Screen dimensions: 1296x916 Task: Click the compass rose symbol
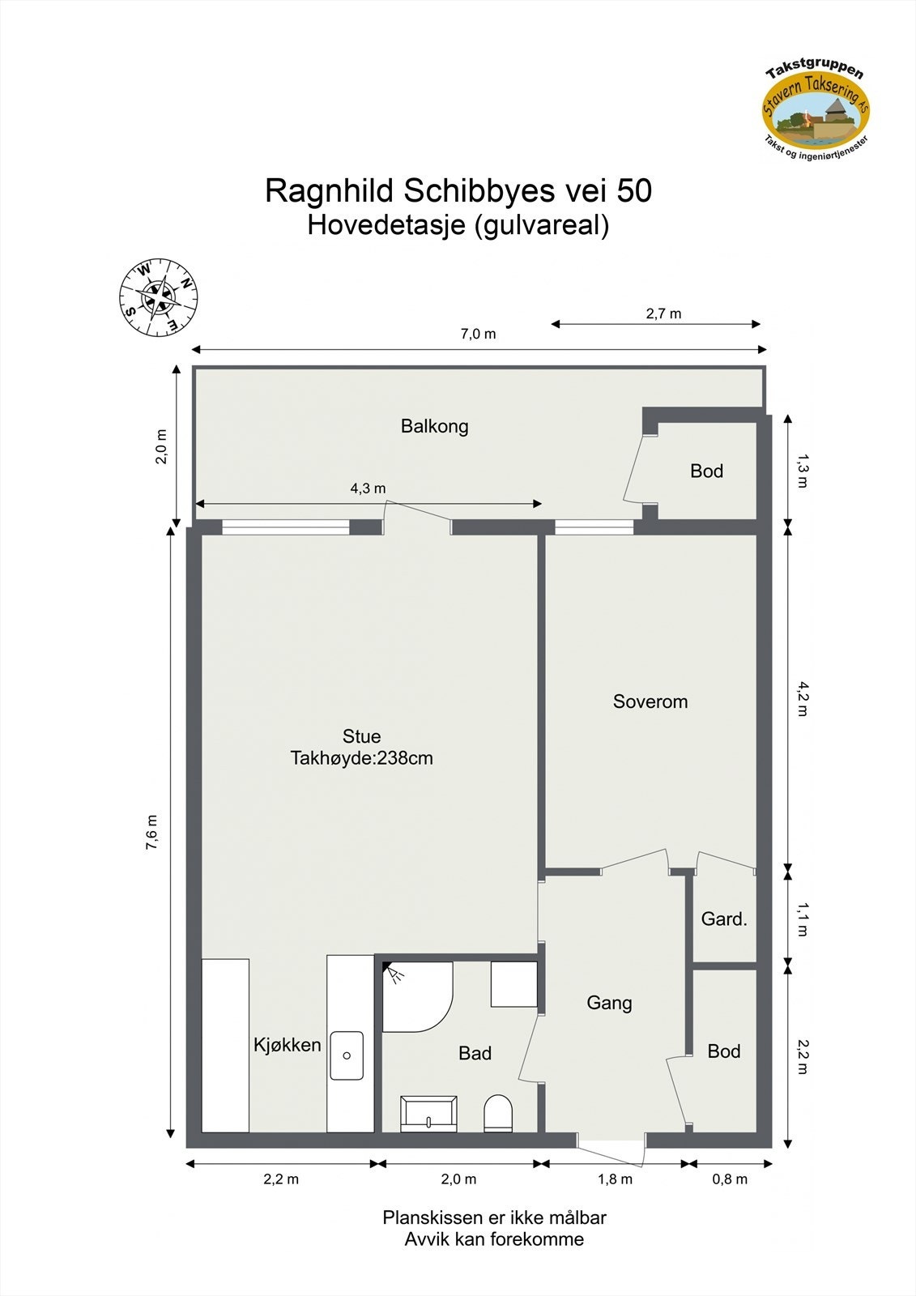click(x=159, y=297)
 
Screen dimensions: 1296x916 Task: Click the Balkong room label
click(x=435, y=426)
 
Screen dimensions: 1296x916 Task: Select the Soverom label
click(x=650, y=701)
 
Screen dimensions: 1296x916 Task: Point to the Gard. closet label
click(x=724, y=919)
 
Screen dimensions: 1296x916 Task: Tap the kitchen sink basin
click(x=347, y=1055)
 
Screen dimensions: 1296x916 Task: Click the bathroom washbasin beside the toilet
click(x=429, y=1114)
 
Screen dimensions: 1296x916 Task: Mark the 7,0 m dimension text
click(x=479, y=334)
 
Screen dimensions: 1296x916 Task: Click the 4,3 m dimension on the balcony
click(x=368, y=488)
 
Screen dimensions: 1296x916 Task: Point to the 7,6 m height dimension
click(x=152, y=833)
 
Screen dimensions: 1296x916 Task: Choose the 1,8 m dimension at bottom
click(x=616, y=1179)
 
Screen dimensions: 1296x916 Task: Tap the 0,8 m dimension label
click(x=730, y=1179)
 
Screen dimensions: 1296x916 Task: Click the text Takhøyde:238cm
click(x=362, y=759)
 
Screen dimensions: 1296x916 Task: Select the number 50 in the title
click(x=634, y=191)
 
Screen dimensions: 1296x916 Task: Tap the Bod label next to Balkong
click(x=706, y=471)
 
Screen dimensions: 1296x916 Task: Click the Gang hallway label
click(x=609, y=1003)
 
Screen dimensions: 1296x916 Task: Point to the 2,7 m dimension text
click(x=663, y=313)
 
